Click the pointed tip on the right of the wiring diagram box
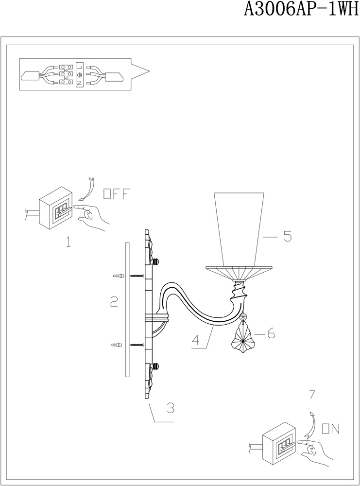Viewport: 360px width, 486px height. click(150, 71)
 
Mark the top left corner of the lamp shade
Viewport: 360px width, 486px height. click(214, 193)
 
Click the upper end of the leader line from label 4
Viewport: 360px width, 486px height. click(214, 326)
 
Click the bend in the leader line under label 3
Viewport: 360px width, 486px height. click(154, 422)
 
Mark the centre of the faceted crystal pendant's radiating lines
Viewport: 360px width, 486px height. click(243, 342)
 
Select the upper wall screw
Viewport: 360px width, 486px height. click(137, 276)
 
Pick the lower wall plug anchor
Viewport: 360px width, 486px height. click(117, 345)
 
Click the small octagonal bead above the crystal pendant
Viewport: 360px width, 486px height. click(244, 316)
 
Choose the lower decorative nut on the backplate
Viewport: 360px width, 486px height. click(156, 367)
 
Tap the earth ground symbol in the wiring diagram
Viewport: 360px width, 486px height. click(80, 75)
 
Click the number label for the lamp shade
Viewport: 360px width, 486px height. click(288, 237)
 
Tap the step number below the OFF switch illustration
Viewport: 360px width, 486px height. click(69, 242)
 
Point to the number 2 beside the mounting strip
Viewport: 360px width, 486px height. click(114, 302)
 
